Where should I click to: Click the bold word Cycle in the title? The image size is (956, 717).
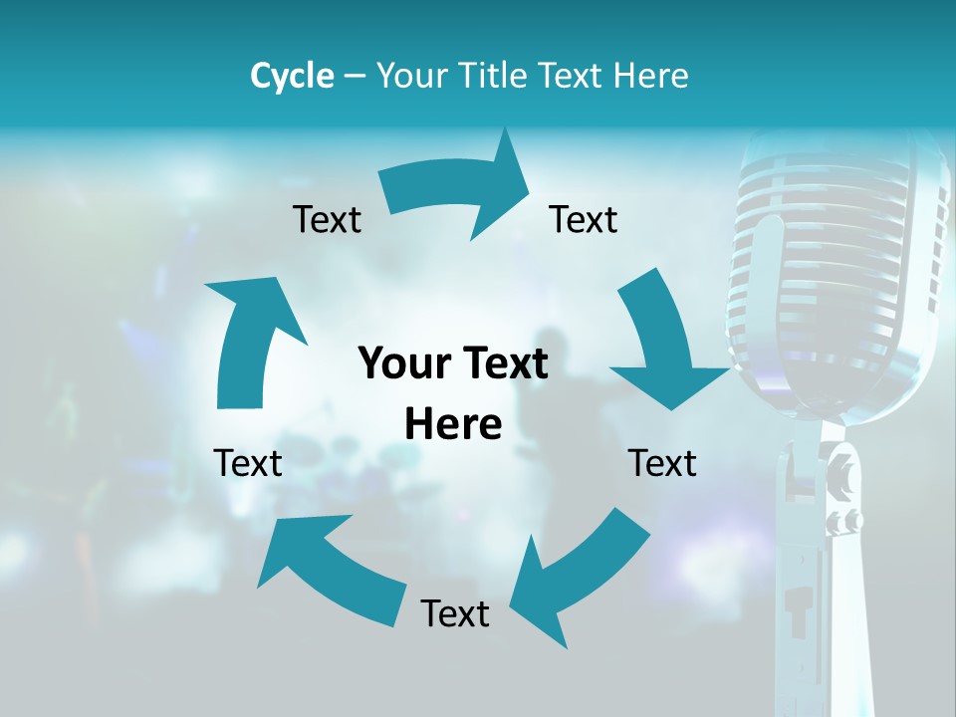coord(292,76)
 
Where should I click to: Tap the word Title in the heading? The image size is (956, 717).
coord(493,76)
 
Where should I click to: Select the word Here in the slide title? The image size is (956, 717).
coord(650,76)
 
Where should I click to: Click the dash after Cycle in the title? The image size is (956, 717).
coord(354,77)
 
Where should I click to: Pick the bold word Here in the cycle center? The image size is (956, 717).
coord(453,424)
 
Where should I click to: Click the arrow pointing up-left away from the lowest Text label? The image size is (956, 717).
coord(329,568)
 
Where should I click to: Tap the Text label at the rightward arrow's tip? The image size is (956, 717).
coord(584,219)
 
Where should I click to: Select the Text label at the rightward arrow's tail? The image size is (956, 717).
coord(327,219)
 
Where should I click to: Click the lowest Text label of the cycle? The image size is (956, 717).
coord(455,613)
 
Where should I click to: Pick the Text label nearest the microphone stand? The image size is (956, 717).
coord(662,463)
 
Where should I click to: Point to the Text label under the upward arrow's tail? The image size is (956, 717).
coord(248,463)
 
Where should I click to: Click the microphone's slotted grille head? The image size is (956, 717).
coord(836,269)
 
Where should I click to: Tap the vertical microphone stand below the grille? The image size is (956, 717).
coord(822,568)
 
